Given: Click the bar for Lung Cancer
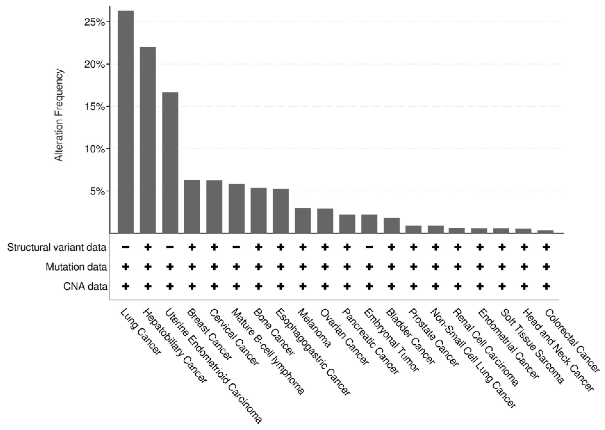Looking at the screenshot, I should coord(126,122).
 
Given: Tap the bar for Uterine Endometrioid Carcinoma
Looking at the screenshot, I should coord(170,163).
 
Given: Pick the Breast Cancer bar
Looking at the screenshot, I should coord(192,206).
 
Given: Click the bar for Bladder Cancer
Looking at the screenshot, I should coord(391,225).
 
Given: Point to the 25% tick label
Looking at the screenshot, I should coord(95,22).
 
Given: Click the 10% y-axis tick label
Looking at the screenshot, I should coord(95,149).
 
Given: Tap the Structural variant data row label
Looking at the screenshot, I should coord(57,247).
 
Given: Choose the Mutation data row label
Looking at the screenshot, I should coord(76,267).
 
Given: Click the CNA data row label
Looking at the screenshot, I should coord(85,287).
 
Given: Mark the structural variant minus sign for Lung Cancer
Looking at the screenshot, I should coord(126,247).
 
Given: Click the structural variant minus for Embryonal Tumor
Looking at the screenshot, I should coord(369,247).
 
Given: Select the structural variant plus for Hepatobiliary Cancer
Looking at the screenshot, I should coord(148,247).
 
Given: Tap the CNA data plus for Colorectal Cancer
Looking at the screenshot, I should coord(546,286).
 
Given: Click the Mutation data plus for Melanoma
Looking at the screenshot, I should coord(303,267).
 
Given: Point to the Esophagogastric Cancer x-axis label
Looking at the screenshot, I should coord(313,352).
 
